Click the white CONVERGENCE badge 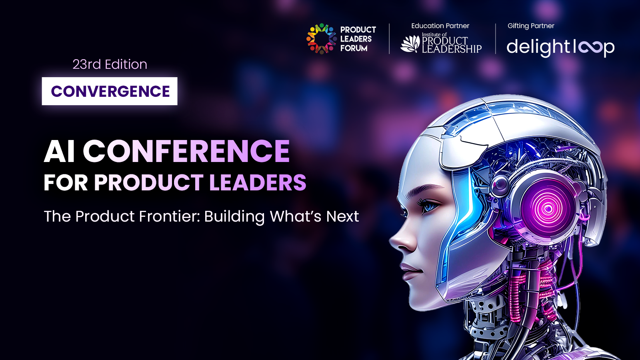coord(110,91)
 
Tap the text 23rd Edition coord(110,64)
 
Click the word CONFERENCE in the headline coord(186,151)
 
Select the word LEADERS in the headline coord(258,182)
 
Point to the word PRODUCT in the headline coord(148,182)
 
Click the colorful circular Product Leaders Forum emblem coord(322,38)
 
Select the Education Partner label coord(440,26)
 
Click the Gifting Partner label coord(531,26)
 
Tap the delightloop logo coord(560,48)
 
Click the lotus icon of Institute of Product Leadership coord(410,44)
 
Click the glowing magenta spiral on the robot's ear coord(548,210)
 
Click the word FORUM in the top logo coord(354,48)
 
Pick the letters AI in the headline coord(60,151)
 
